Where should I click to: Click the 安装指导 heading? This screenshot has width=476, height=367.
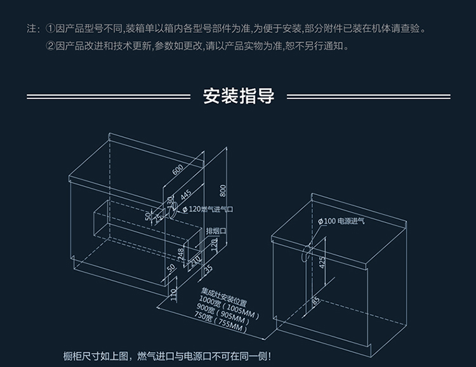[239, 97]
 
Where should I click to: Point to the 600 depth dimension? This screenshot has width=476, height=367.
[178, 169]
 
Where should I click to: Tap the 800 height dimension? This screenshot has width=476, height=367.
[223, 190]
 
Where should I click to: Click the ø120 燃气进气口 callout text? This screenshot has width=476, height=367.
[208, 208]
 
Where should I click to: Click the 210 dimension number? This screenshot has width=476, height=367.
[195, 259]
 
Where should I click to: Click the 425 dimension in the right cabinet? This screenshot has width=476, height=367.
[322, 262]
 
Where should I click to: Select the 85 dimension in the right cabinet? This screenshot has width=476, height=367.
[315, 300]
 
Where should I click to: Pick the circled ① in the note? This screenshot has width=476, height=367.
[51, 29]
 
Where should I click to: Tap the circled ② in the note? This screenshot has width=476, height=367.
[51, 46]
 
